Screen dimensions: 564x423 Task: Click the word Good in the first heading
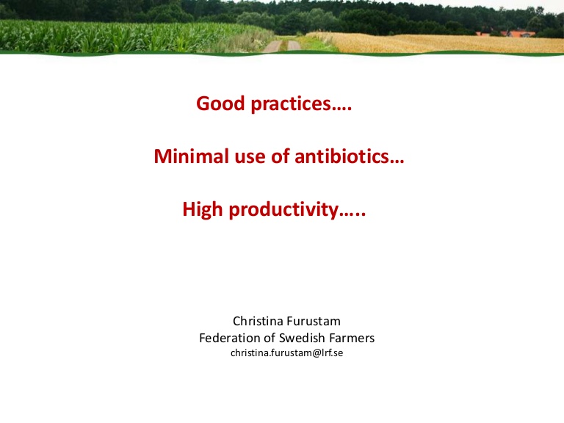[x=220, y=104]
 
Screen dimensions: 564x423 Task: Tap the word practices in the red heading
[x=291, y=104]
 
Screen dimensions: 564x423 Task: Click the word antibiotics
[x=341, y=156]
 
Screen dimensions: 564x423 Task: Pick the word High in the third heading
[x=203, y=210]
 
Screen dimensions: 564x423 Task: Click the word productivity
[x=283, y=210]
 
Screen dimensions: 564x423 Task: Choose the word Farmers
[x=352, y=338]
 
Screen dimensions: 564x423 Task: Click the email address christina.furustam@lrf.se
[x=286, y=352]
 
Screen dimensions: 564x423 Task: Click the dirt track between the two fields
[x=282, y=46]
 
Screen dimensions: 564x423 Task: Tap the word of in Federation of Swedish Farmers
[x=270, y=338]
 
